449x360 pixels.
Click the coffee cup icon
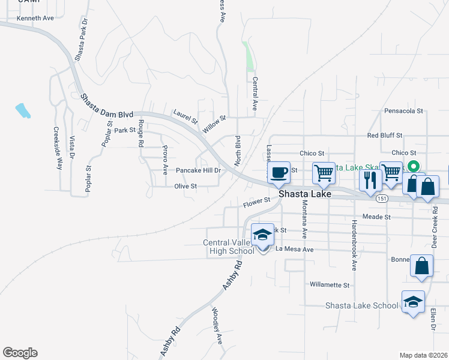(279, 173)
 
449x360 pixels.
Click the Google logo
(20, 353)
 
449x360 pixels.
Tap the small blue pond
(23, 110)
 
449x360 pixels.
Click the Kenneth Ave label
(35, 18)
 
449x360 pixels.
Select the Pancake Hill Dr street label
(198, 170)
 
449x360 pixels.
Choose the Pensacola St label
(404, 111)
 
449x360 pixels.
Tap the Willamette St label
(329, 284)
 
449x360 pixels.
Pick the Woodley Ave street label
(217, 326)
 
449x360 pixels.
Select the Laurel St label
(185, 116)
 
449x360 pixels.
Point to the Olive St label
(185, 187)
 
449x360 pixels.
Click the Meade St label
(377, 216)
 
